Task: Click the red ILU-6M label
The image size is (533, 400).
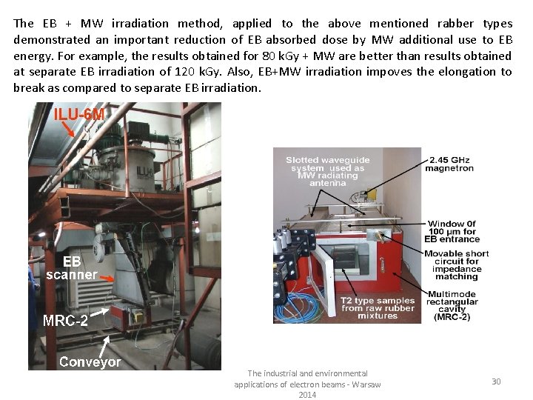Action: pos(79,114)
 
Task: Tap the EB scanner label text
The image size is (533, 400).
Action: pos(72,268)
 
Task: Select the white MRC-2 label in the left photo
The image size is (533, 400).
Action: pos(65,320)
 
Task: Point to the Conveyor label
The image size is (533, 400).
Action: pos(90,361)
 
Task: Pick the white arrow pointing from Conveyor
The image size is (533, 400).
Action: pos(104,346)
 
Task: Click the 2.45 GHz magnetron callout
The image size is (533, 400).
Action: pos(449,164)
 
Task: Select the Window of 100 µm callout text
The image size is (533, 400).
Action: pos(452,231)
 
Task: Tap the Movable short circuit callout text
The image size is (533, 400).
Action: pos(456,265)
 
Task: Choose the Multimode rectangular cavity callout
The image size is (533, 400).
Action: pos(452,305)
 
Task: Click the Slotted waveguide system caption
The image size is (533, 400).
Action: pos(328,171)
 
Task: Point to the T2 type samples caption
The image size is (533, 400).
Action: pos(378,308)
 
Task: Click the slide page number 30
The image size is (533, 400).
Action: pos(496,381)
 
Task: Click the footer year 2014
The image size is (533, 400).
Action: pos(307,395)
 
